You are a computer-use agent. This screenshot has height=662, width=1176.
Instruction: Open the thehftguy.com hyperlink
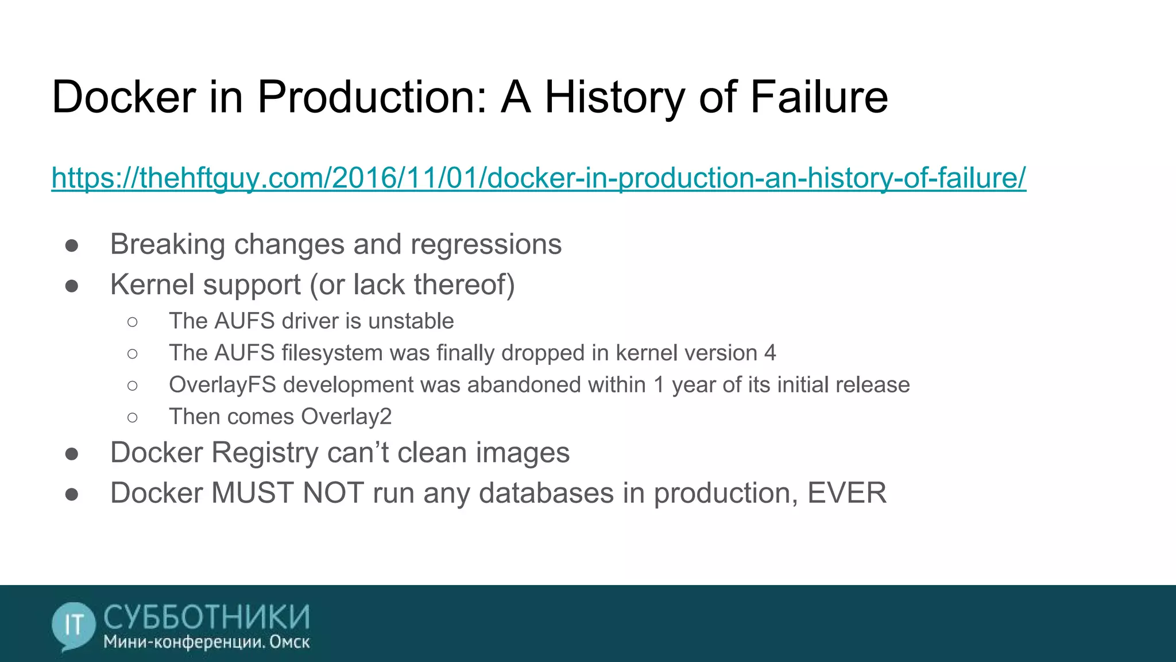point(538,178)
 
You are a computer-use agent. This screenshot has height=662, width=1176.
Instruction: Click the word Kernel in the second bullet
point(148,285)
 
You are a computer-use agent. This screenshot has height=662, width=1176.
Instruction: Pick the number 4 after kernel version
point(770,353)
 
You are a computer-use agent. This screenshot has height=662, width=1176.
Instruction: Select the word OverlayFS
point(222,385)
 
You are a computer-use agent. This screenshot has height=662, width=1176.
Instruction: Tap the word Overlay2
point(346,417)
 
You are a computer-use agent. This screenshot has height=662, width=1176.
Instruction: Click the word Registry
point(265,453)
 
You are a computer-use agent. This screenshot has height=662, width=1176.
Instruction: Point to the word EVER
point(846,493)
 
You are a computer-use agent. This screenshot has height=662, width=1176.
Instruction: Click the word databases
point(546,493)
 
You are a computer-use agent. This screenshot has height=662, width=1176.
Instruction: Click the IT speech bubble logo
point(73,625)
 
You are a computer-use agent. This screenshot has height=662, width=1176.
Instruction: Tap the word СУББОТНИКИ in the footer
point(207,617)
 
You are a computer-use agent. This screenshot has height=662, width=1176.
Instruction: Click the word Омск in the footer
point(289,642)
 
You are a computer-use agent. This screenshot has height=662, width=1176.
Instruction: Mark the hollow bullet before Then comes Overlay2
point(133,417)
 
